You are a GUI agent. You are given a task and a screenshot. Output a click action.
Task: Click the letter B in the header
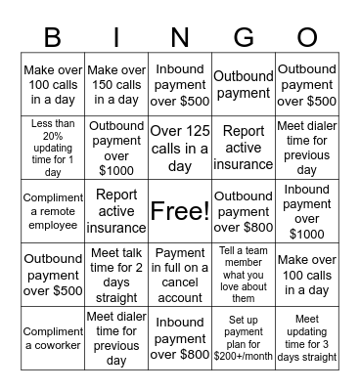coord(52,36)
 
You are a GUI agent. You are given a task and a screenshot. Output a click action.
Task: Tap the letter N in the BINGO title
coord(180,36)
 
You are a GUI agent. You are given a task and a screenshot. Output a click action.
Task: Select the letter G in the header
coord(244,36)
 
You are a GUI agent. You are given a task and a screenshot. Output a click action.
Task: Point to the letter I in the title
coord(116,36)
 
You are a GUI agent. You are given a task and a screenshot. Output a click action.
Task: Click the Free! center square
coord(180,210)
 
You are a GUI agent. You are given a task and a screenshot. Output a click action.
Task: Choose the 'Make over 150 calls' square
coord(116,85)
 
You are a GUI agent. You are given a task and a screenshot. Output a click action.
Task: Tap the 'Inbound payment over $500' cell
coord(180,85)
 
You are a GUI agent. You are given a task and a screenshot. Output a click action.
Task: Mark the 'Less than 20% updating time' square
coord(52,148)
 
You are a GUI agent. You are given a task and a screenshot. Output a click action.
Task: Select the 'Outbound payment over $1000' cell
coord(116,148)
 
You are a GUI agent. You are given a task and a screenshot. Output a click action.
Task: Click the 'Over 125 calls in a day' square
coord(180,148)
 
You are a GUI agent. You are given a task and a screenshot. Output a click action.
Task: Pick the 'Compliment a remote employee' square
coord(52,210)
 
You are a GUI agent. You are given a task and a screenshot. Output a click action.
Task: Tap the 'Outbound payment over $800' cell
coord(244,210)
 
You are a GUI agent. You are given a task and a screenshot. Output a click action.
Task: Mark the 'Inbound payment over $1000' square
coord(307,210)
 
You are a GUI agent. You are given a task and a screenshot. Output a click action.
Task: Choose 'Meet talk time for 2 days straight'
coord(116,274)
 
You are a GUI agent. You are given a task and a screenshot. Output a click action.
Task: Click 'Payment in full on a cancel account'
coord(180,274)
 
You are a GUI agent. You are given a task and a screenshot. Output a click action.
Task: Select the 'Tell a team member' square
coord(244,274)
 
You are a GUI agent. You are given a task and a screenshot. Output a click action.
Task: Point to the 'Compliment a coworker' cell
coord(52,338)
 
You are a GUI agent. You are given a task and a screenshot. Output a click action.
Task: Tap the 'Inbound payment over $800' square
coord(180,338)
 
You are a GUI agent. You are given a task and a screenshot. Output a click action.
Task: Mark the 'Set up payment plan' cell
coord(244,338)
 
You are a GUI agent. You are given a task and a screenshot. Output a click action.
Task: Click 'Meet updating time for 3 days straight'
coord(307,338)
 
